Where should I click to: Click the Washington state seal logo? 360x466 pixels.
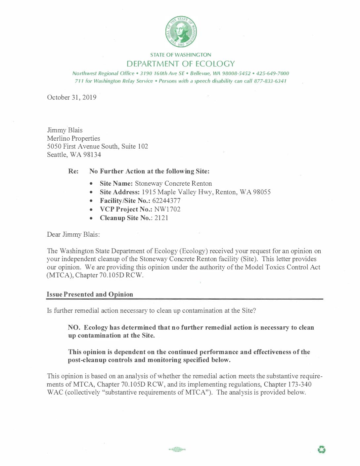[181, 31]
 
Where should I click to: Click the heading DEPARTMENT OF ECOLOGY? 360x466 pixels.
[181, 64]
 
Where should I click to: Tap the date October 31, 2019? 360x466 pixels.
[72, 97]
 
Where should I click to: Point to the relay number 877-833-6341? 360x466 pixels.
[270, 81]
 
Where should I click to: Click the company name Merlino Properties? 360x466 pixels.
[73, 138]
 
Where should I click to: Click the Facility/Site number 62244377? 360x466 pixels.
[166, 201]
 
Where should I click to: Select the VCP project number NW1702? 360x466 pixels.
[167, 209]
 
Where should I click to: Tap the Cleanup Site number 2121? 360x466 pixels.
[161, 218]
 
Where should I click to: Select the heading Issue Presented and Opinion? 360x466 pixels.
[90, 294]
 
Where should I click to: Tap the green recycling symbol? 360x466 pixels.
[322, 449]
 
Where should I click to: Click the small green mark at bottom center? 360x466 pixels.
[177, 449]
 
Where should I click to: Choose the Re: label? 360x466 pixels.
[73, 171]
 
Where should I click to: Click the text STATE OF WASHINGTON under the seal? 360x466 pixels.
[181, 55]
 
